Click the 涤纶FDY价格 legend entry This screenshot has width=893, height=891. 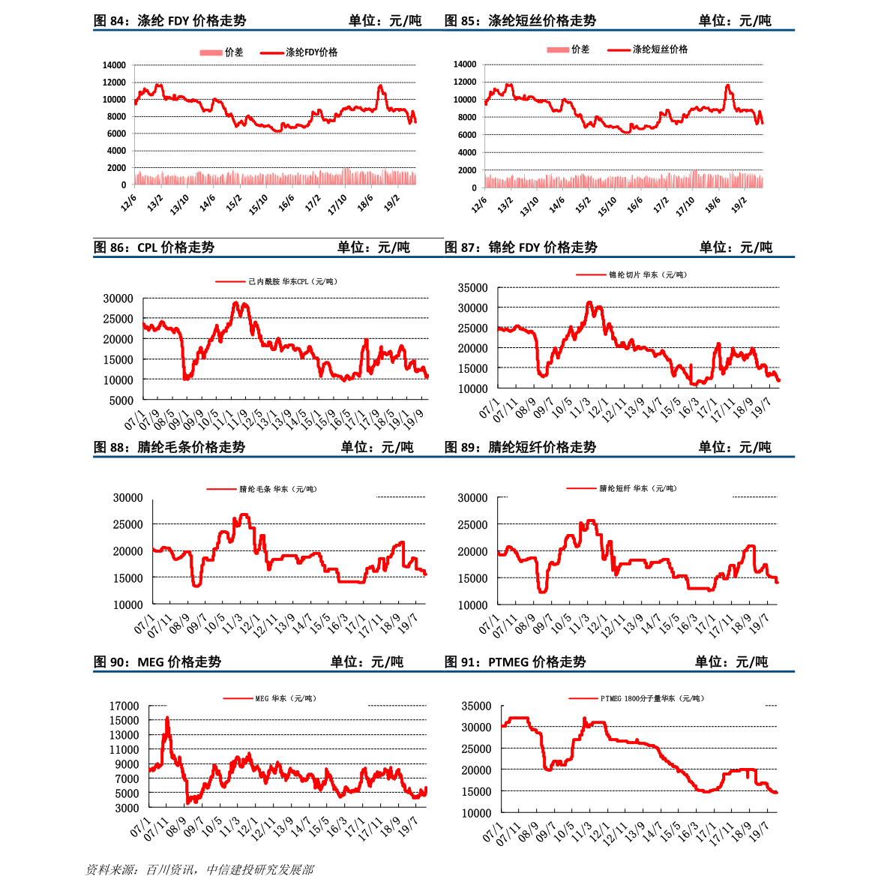(311, 52)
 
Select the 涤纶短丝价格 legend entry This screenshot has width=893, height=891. (660, 49)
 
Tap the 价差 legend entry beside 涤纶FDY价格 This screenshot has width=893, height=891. (234, 52)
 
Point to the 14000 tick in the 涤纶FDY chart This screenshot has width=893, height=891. (114, 65)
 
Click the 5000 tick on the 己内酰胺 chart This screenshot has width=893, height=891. (121, 400)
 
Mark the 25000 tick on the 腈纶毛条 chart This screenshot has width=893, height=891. (127, 525)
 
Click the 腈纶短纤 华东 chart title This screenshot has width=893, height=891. (637, 488)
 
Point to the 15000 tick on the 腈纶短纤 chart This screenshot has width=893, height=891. (472, 578)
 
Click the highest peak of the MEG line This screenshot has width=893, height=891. (167, 718)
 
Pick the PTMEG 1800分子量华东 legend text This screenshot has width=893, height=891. (652, 698)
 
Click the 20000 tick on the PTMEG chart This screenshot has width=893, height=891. (476, 770)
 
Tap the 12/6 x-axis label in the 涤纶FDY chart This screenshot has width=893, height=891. (128, 203)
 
